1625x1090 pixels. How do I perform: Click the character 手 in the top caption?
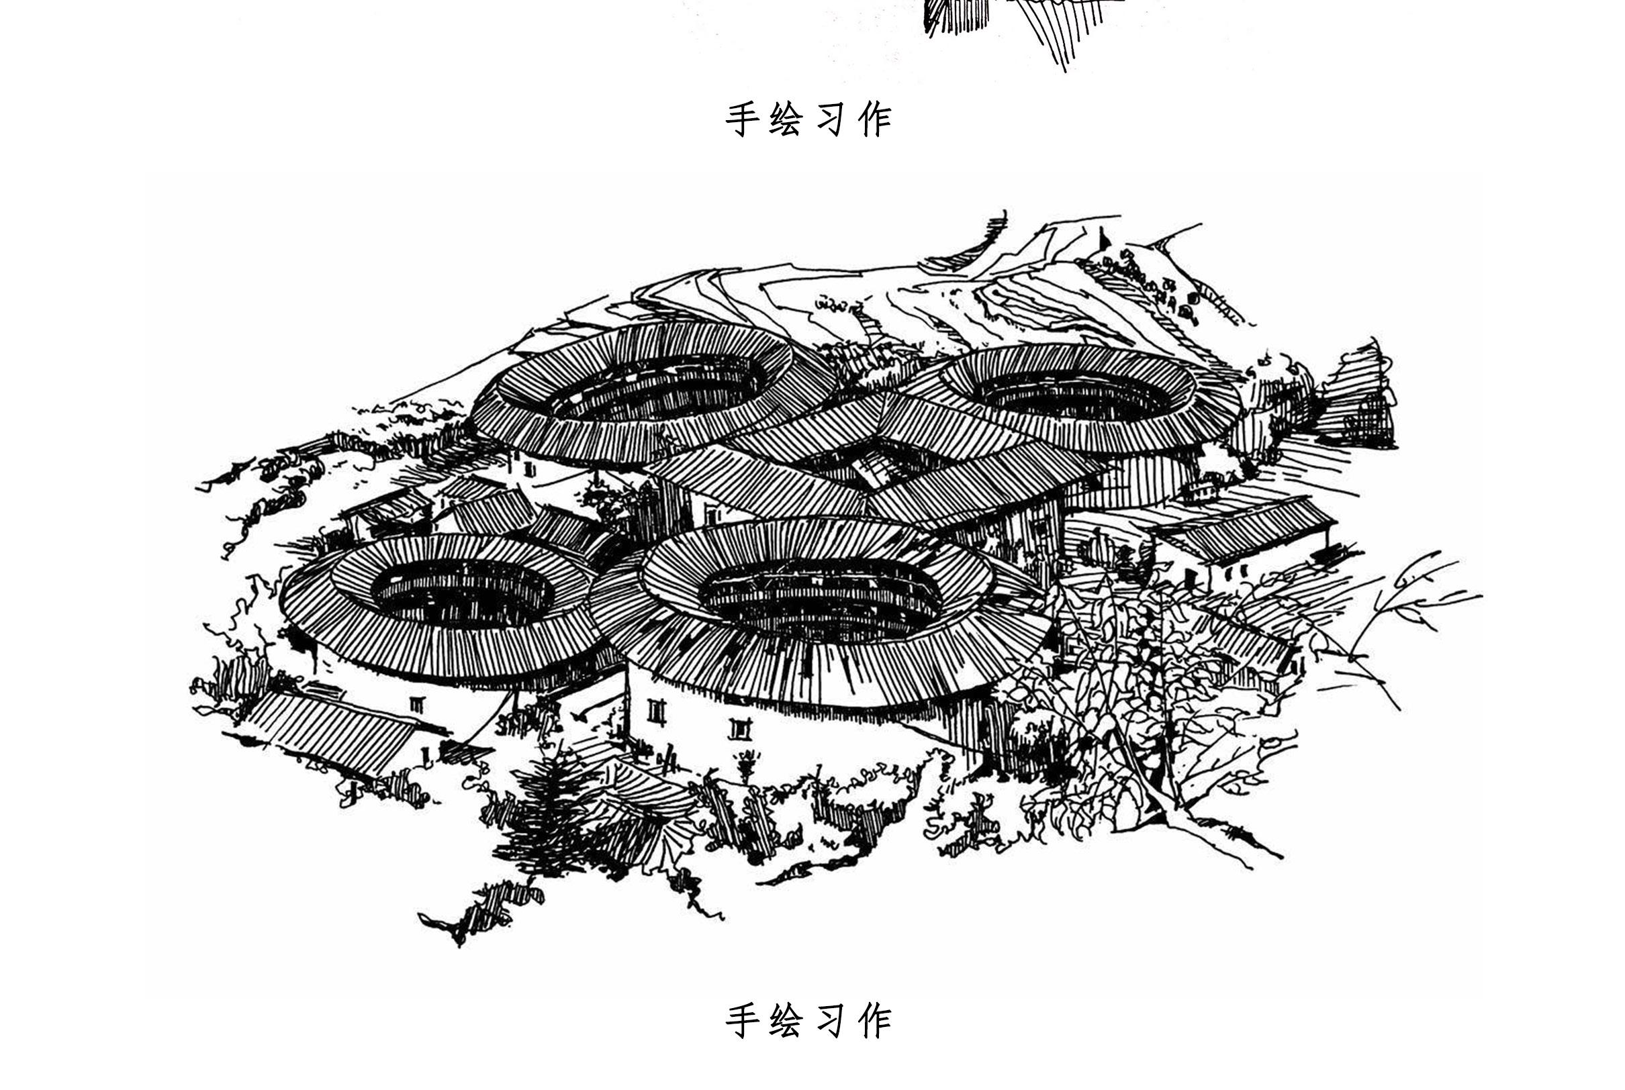(x=742, y=119)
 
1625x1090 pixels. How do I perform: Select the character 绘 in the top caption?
(x=786, y=119)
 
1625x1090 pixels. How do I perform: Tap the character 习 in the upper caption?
(x=830, y=119)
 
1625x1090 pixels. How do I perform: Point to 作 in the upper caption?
(x=875, y=119)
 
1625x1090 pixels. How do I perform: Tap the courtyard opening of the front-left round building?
(x=463, y=591)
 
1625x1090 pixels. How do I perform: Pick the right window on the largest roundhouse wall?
(x=740, y=728)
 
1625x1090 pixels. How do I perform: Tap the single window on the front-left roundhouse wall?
(x=416, y=704)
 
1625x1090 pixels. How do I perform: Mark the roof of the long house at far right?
(x=1245, y=528)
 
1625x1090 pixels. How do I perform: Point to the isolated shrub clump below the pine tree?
(x=487, y=911)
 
